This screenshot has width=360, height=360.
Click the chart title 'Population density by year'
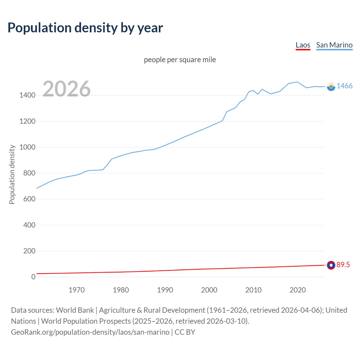pos(85,28)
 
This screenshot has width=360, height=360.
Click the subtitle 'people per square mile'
pos(180,60)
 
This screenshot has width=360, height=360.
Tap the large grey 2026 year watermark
pos(67,89)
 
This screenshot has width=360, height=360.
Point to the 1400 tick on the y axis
pos(27,95)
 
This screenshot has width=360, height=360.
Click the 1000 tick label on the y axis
pos(27,147)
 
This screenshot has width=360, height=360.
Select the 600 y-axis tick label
pos(29,199)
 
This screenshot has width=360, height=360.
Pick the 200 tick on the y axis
pos(29,251)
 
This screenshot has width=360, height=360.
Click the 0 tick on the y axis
pos(33,277)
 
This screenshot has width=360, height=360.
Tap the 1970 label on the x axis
pos(76,290)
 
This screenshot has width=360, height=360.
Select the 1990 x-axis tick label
pos(165,290)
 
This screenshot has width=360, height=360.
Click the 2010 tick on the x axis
pos(253,290)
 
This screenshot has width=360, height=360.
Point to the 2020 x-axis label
pos(298,290)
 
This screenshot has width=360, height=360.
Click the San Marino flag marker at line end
pos(331,87)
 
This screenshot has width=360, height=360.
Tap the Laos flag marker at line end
pos(331,265)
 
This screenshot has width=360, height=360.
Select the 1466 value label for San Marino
pos(345,86)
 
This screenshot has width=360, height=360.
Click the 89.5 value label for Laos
pos(343,265)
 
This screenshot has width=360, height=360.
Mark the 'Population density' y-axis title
pos(12,174)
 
